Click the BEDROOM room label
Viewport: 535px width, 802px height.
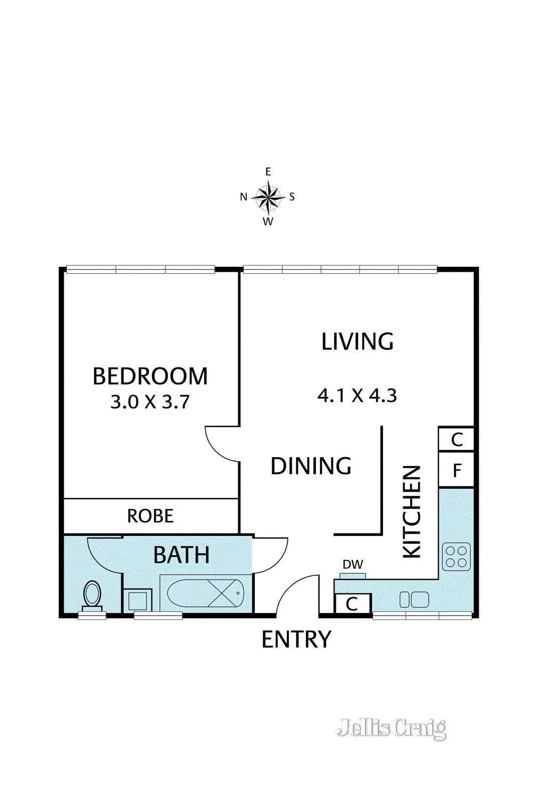150,376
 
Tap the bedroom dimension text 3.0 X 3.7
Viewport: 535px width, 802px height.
150,402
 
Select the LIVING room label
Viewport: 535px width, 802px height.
358,341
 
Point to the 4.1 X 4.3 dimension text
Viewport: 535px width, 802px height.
357,396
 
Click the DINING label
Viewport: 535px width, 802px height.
311,466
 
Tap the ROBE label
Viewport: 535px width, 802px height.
150,516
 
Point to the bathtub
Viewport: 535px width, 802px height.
206,593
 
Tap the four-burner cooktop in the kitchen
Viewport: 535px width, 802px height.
456,557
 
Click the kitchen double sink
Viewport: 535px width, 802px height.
414,599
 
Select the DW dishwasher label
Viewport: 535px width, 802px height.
352,564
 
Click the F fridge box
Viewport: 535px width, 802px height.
456,470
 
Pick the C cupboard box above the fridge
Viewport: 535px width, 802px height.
456,439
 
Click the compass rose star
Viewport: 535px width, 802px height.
268,196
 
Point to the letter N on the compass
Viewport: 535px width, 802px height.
244,197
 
